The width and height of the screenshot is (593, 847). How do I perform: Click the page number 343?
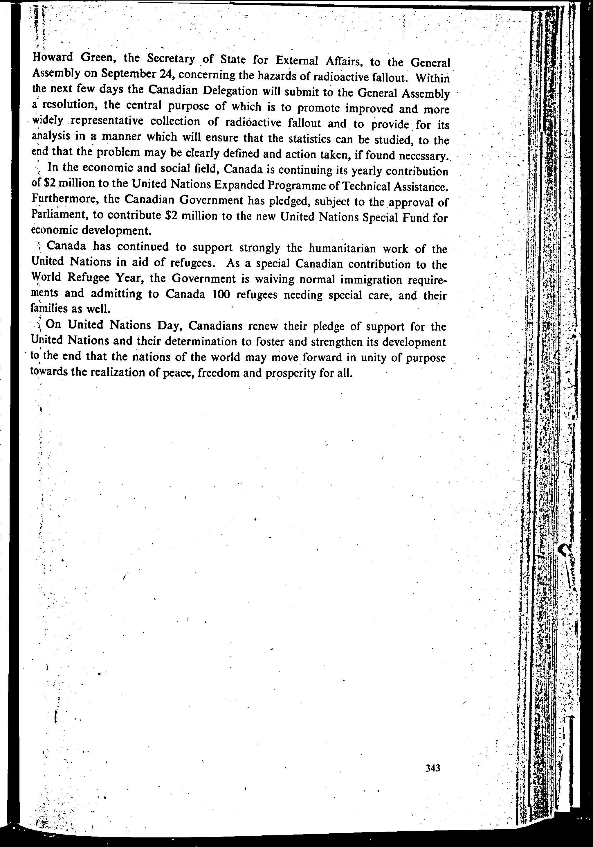tap(433, 768)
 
